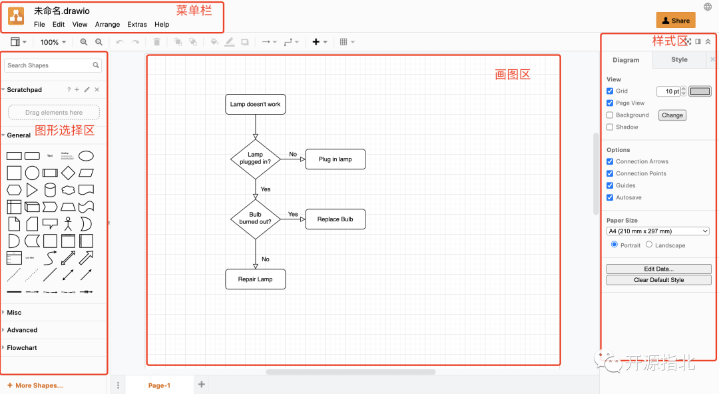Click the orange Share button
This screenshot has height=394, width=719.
(676, 21)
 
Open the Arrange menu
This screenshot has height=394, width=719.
(107, 25)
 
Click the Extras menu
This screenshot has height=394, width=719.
(137, 25)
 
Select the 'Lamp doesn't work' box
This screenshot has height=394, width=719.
(255, 105)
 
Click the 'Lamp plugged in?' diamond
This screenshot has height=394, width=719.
(255, 159)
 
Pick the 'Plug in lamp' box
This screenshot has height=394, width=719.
(335, 159)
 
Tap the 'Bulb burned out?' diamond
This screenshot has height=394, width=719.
(255, 219)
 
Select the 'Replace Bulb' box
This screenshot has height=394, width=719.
(335, 219)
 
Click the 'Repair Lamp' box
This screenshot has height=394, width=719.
(255, 279)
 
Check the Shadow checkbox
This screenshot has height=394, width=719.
(610, 127)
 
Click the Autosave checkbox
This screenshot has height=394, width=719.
(610, 198)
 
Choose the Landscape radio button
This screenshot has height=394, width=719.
(649, 245)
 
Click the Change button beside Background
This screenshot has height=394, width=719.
(672, 115)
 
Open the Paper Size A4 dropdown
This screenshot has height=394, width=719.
(658, 231)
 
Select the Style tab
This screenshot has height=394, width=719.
(679, 60)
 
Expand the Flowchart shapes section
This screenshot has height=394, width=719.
(22, 348)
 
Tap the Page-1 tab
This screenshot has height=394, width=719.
(159, 385)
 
